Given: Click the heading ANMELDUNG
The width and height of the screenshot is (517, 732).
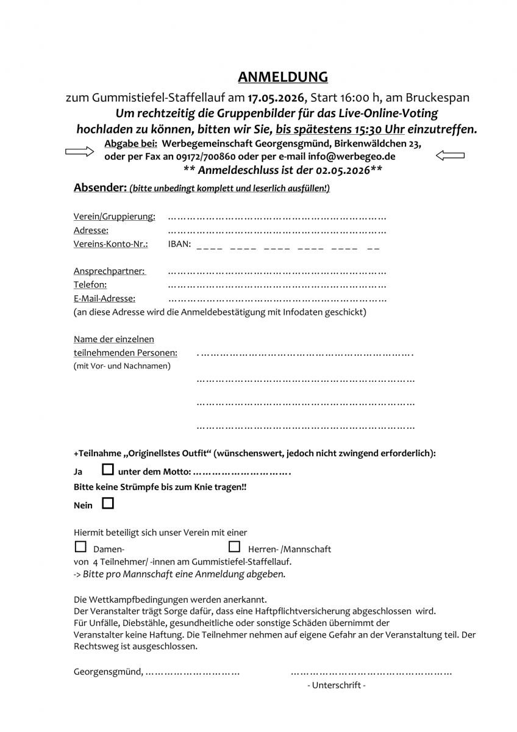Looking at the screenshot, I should pos(282,77).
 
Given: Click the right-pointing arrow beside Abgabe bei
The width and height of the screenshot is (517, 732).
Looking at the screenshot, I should pos(79,151).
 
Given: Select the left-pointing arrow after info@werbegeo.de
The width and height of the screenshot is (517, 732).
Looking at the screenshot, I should pos(450,156).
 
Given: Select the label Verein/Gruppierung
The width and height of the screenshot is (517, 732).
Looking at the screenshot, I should pos(114,217).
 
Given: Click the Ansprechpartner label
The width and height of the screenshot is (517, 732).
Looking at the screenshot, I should pos(109,271).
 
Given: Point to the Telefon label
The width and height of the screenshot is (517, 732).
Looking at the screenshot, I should pos(90,284).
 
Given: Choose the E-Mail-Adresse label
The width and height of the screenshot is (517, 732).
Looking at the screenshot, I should pos(104,298).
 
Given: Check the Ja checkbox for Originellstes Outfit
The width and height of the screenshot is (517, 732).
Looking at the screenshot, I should pos(108,470).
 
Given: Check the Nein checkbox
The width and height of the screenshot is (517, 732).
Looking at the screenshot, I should pos(108,504).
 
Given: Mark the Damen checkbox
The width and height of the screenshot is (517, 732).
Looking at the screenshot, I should pos(80,547).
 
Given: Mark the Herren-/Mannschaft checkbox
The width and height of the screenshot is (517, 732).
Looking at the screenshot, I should pos(234,547).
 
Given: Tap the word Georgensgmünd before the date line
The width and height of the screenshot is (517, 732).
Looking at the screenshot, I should pos(107,672).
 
